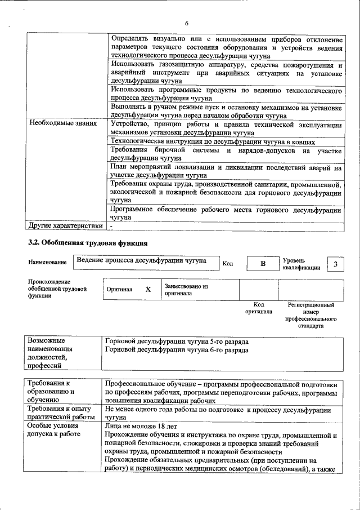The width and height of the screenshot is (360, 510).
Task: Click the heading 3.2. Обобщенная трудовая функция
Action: (88, 244)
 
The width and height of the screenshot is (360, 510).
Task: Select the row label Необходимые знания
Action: (63, 123)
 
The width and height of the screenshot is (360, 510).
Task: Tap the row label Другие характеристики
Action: (66, 226)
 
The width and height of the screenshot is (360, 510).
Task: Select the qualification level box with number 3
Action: (335, 264)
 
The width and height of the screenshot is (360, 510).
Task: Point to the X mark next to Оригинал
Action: (148, 289)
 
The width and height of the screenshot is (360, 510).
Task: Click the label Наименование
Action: (47, 263)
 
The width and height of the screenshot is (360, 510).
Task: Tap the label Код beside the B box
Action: (228, 263)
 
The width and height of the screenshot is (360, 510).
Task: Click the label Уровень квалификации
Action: (301, 264)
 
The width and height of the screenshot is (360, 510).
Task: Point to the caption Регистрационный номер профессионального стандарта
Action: (310, 315)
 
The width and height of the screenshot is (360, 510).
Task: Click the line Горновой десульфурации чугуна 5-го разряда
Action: (177, 342)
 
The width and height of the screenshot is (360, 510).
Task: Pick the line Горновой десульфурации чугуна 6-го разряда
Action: (177, 350)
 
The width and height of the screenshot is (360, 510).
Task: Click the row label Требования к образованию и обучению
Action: (52, 391)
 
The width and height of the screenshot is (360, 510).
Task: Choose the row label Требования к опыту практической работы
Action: (61, 414)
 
